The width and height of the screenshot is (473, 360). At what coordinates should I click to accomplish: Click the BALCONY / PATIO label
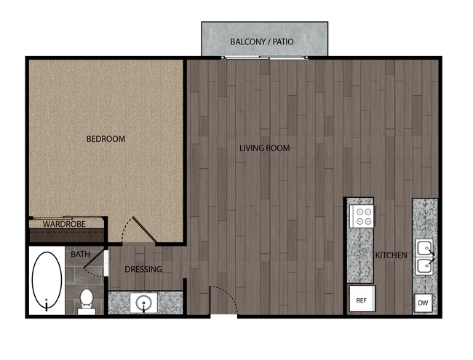[x=262, y=41]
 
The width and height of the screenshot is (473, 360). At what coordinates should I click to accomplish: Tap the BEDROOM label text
[x=106, y=139]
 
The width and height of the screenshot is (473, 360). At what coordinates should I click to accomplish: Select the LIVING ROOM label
[x=265, y=148]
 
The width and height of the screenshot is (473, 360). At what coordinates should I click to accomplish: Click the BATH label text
[x=80, y=255]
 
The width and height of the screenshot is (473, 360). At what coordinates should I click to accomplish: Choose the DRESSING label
[x=143, y=269]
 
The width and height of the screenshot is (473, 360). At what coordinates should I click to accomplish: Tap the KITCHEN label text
[x=391, y=256]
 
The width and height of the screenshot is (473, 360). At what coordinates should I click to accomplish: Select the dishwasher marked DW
[x=423, y=303]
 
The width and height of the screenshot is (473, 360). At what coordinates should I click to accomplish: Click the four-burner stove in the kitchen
[x=362, y=216]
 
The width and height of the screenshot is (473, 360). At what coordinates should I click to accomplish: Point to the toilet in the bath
[x=87, y=299]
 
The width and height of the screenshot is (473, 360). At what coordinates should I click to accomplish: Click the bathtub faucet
[x=47, y=302]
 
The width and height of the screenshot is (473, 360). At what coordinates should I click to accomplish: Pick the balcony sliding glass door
[x=251, y=58]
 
